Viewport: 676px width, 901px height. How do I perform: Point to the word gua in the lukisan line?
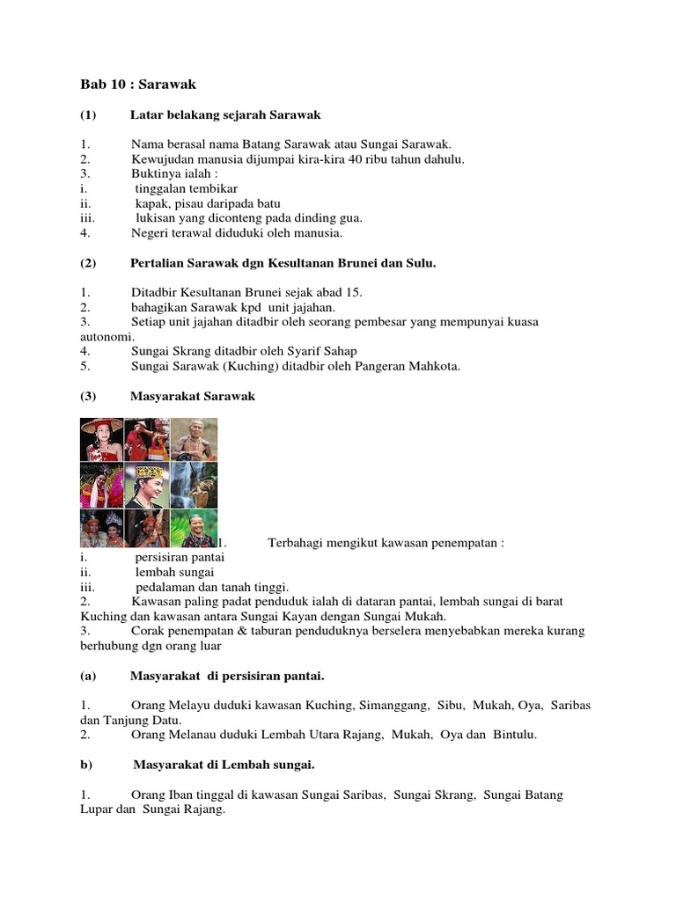[349, 218]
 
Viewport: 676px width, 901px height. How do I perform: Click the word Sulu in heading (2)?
[418, 263]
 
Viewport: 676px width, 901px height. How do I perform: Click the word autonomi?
[107, 337]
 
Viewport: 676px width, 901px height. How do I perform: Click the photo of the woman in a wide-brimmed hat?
[101, 440]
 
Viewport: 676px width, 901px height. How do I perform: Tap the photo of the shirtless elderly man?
[194, 439]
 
